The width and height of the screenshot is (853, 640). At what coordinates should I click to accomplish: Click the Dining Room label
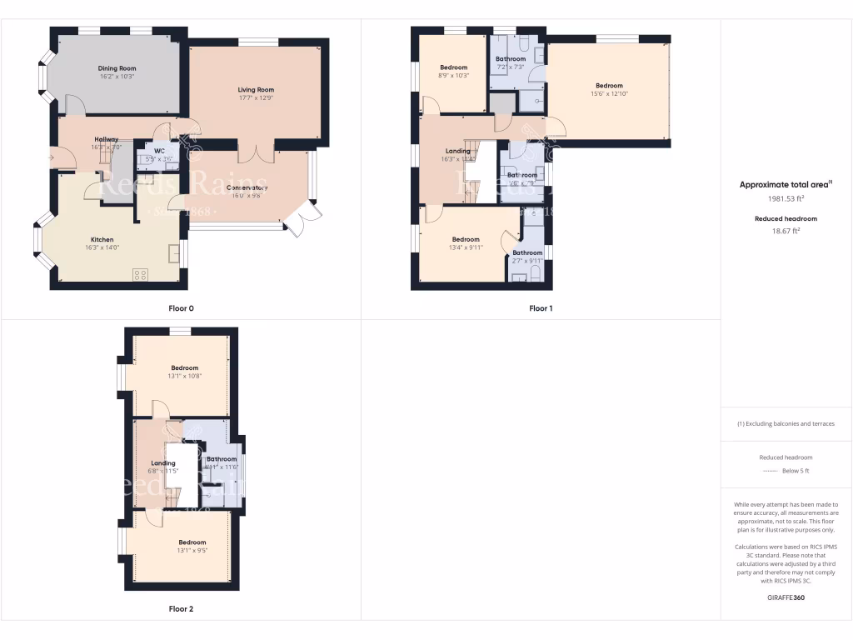click(x=117, y=68)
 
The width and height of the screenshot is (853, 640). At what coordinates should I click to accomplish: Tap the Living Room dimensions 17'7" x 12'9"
click(x=256, y=97)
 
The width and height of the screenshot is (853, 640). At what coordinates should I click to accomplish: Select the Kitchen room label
click(x=102, y=239)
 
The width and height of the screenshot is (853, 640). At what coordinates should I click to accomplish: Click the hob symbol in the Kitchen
click(x=140, y=273)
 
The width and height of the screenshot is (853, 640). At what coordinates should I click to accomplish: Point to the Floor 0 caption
click(x=181, y=308)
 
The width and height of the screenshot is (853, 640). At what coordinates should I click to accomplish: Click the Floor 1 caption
click(x=541, y=308)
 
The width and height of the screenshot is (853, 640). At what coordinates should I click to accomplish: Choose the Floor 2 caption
click(x=181, y=609)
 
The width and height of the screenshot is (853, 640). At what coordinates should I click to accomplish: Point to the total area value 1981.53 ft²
click(x=786, y=199)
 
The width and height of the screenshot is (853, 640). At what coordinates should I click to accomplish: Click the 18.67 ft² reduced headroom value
click(x=786, y=231)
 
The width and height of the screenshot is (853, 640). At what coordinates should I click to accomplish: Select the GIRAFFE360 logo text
click(x=786, y=597)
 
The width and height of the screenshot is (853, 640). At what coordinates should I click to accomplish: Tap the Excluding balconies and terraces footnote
click(x=786, y=423)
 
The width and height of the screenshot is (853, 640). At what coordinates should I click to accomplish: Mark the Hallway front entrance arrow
click(x=53, y=156)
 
